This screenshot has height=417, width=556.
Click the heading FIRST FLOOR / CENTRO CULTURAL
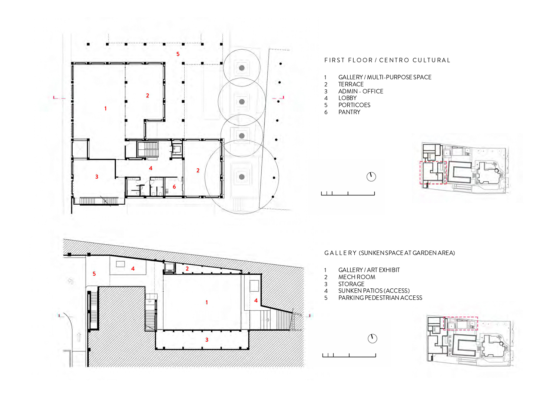[387, 60]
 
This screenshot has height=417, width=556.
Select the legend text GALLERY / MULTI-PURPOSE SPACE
[384, 77]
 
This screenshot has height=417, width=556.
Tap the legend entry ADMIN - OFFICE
[361, 92]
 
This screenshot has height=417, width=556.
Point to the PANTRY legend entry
[349, 112]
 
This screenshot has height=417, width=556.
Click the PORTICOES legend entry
[354, 105]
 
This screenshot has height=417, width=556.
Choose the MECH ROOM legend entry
[357, 277]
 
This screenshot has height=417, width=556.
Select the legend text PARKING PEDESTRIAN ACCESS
[380, 298]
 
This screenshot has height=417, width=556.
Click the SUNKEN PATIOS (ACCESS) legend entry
[374, 291]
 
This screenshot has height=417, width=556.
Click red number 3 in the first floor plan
[96, 177]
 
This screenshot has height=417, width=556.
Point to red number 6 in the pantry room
[174, 187]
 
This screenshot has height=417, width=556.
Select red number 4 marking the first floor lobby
[150, 168]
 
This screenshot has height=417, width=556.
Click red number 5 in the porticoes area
[178, 54]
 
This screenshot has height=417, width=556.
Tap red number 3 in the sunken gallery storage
[207, 340]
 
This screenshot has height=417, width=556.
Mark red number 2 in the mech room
[187, 269]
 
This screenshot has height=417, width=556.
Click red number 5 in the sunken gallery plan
[94, 274]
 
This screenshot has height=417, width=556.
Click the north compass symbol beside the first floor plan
[371, 177]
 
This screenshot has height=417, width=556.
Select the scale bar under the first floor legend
[348, 194]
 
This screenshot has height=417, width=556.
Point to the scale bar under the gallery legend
[349, 355]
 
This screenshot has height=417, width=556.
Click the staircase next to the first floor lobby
[148, 150]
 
